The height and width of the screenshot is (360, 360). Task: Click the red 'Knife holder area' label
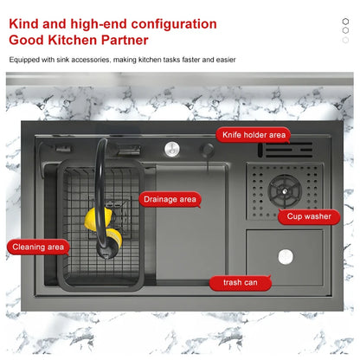click(x=253, y=135)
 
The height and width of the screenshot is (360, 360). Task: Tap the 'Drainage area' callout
click(x=170, y=199)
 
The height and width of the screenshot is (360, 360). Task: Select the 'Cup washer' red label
click(x=309, y=216)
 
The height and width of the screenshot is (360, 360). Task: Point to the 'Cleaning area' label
click(x=38, y=247)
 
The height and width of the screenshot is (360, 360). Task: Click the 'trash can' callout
click(x=241, y=283)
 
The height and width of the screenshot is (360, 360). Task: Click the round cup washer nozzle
click(x=285, y=191)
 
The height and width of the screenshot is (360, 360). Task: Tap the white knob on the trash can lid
click(x=286, y=257)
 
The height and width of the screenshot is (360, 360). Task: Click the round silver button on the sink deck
click(x=172, y=149)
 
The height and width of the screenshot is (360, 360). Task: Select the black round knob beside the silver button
click(x=207, y=150)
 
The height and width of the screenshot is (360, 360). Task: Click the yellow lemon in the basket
click(x=98, y=218)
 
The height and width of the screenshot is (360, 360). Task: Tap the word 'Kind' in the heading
click(x=23, y=23)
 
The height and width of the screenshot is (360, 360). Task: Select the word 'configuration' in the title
click(x=174, y=24)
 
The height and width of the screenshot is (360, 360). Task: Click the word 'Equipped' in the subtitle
click(x=24, y=60)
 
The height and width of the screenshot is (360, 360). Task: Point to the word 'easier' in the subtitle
click(x=226, y=60)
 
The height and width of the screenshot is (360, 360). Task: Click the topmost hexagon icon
click(x=345, y=22)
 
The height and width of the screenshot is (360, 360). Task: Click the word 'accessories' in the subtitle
click(x=90, y=60)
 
